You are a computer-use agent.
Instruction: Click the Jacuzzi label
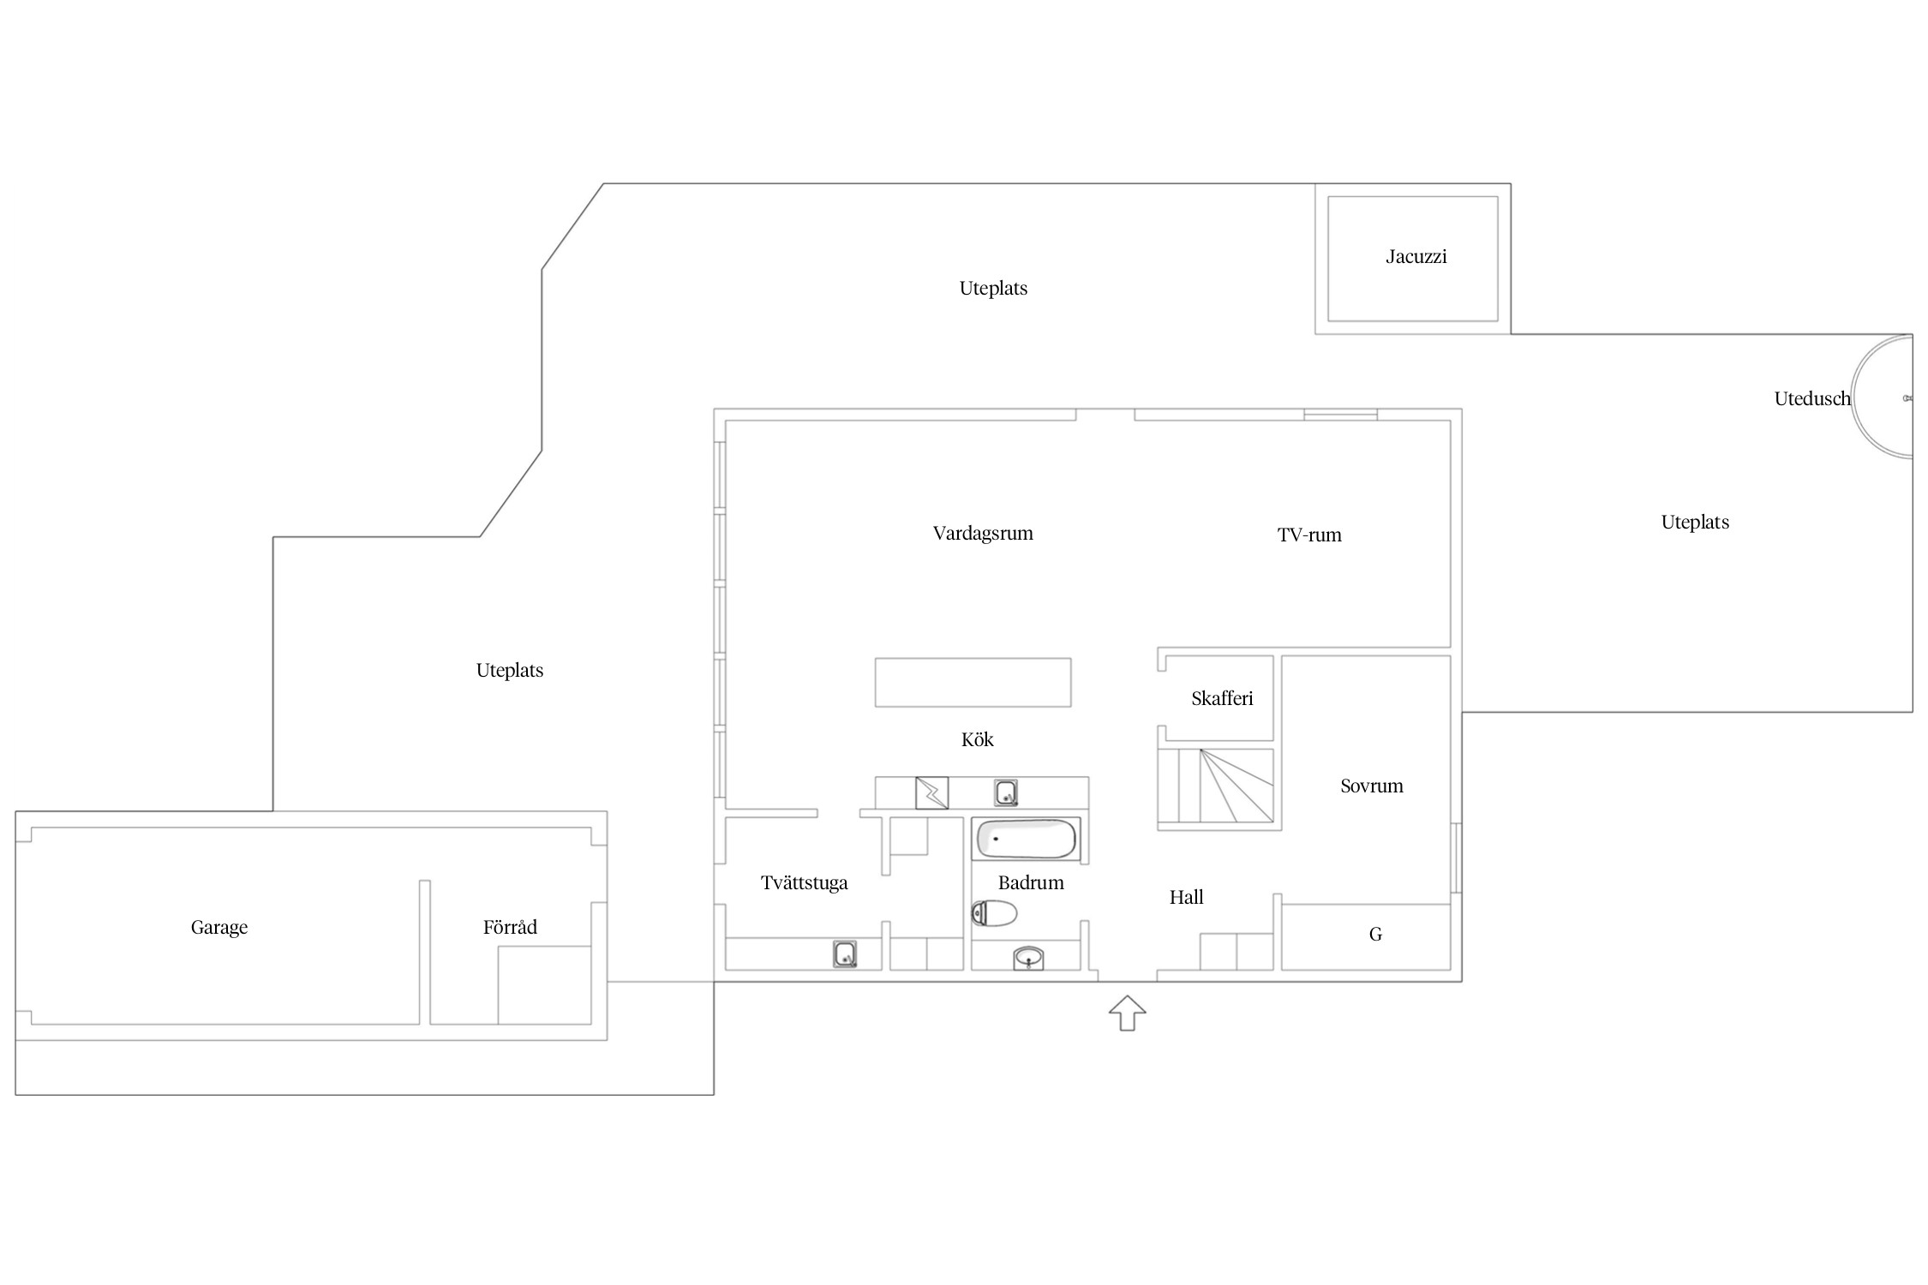coord(1416,256)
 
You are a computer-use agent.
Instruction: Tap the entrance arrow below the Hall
coord(1127,1013)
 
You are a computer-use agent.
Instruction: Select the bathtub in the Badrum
coord(1027,839)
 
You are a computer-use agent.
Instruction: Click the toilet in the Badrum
coord(994,913)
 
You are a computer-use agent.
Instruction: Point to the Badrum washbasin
coord(1028,958)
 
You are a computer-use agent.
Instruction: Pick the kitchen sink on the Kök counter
coord(1006,792)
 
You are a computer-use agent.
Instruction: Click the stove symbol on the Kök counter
coord(932,792)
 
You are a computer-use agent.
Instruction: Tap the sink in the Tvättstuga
coord(845,954)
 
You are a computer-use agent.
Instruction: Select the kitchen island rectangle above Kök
coord(973,682)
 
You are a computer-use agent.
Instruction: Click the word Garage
coord(219,928)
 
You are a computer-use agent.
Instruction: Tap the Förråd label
coord(510,926)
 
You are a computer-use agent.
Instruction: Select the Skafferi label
coord(1222,698)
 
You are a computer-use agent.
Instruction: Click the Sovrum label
coord(1372,786)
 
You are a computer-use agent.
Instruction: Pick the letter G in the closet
coord(1375,935)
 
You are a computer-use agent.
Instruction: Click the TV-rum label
coord(1309,535)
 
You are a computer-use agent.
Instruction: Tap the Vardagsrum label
coord(983,534)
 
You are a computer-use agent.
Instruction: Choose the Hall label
coord(1187,897)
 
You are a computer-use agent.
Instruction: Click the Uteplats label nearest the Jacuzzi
coord(993,289)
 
